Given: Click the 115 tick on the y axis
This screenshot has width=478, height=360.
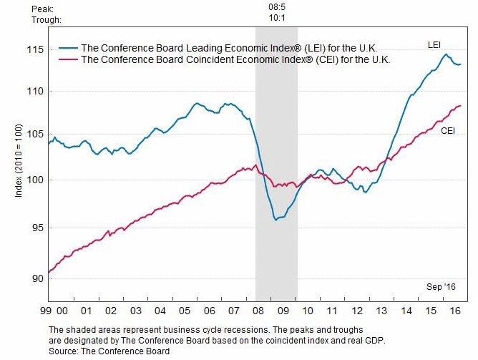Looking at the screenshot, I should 34,49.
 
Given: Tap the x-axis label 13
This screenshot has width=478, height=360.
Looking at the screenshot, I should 381,311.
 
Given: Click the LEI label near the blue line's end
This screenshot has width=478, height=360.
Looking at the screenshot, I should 434,45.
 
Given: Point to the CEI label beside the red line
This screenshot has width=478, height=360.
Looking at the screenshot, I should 447,131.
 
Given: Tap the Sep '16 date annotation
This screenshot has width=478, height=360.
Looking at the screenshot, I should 441,286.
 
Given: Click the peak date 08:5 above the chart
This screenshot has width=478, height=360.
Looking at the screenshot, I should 276,8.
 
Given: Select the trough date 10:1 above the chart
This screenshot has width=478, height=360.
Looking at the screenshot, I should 276,19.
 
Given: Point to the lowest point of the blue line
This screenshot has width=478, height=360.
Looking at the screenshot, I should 275,220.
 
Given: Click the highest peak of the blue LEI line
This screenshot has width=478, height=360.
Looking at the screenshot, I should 446,54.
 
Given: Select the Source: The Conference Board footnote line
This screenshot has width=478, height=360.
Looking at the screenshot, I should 109,351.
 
